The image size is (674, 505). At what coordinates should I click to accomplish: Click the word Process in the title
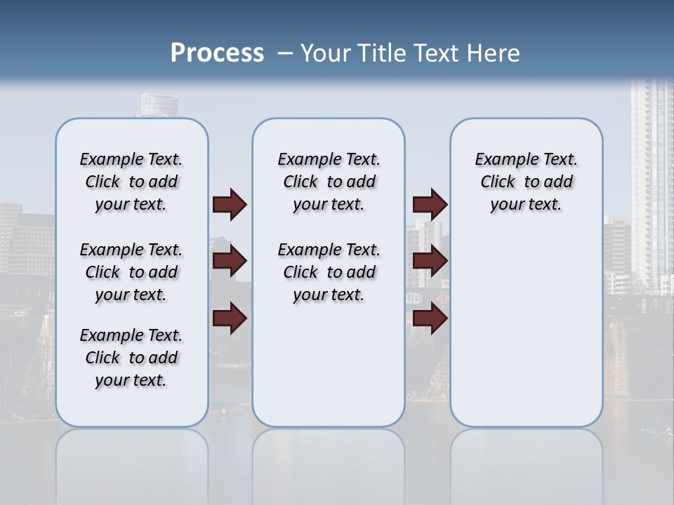pos(217,53)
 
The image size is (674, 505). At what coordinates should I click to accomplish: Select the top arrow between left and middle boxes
pos(230,205)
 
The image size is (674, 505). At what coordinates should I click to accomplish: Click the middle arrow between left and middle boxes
pos(230,262)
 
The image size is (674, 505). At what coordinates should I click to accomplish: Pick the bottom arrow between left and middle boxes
pos(230,318)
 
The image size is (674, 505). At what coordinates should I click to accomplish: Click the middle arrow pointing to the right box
pos(430,262)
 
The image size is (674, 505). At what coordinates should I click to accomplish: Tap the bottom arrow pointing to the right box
pos(430,318)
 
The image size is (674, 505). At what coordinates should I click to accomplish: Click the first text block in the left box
pos(131,182)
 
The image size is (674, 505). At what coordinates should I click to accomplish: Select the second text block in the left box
pos(131,272)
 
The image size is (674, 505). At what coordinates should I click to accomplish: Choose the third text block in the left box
pos(131,358)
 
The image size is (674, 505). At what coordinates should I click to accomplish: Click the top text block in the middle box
pos(329,182)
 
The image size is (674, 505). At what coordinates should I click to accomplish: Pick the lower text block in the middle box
pos(329,272)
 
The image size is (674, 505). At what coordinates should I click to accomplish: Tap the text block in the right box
pos(526,182)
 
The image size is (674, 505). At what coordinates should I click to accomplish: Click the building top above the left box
pos(159,106)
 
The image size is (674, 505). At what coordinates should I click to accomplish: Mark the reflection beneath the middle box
pos(329,463)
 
